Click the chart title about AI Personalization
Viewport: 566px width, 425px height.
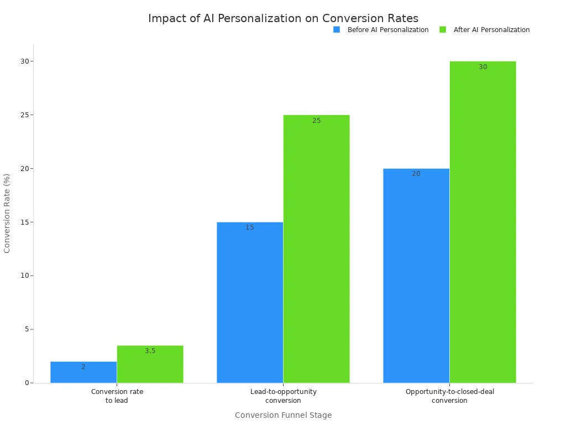tap(283, 18)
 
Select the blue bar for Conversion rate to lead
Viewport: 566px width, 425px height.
tap(83, 372)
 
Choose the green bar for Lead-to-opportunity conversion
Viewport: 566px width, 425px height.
tap(316, 249)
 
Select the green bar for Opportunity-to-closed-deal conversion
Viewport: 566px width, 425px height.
tap(483, 222)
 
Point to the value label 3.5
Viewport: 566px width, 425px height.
tap(150, 351)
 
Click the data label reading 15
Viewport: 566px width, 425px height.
tap(250, 227)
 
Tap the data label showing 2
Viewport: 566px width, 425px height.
tap(83, 367)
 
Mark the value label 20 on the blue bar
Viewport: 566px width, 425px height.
tap(416, 174)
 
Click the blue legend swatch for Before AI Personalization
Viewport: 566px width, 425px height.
tap(337, 30)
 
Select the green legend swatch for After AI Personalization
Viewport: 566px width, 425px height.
tap(443, 30)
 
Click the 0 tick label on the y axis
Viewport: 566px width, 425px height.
tap(26, 383)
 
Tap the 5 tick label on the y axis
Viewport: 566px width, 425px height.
tap(26, 329)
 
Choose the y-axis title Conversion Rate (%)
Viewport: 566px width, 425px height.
tap(7, 213)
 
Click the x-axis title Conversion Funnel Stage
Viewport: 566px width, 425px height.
tap(283, 415)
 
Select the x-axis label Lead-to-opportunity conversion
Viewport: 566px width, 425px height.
tap(283, 396)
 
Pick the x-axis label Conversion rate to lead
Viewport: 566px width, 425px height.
tap(117, 396)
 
